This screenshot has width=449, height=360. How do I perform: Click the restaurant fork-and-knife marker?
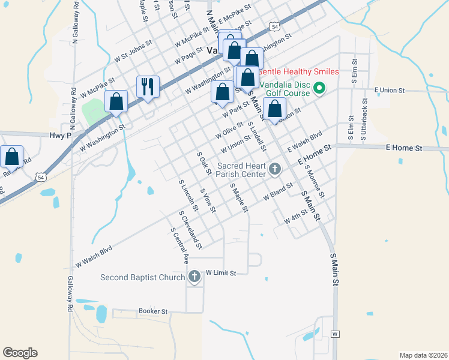147,87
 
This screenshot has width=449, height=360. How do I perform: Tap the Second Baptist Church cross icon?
194,277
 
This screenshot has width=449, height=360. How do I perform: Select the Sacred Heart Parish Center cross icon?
275,169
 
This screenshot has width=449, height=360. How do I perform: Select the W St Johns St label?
134,52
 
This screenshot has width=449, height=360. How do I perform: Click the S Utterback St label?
364,120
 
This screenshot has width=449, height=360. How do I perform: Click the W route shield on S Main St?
335,334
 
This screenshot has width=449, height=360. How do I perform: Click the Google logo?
20,353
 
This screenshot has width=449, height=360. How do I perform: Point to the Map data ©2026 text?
423,355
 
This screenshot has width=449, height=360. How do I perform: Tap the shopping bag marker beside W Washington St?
116,103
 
